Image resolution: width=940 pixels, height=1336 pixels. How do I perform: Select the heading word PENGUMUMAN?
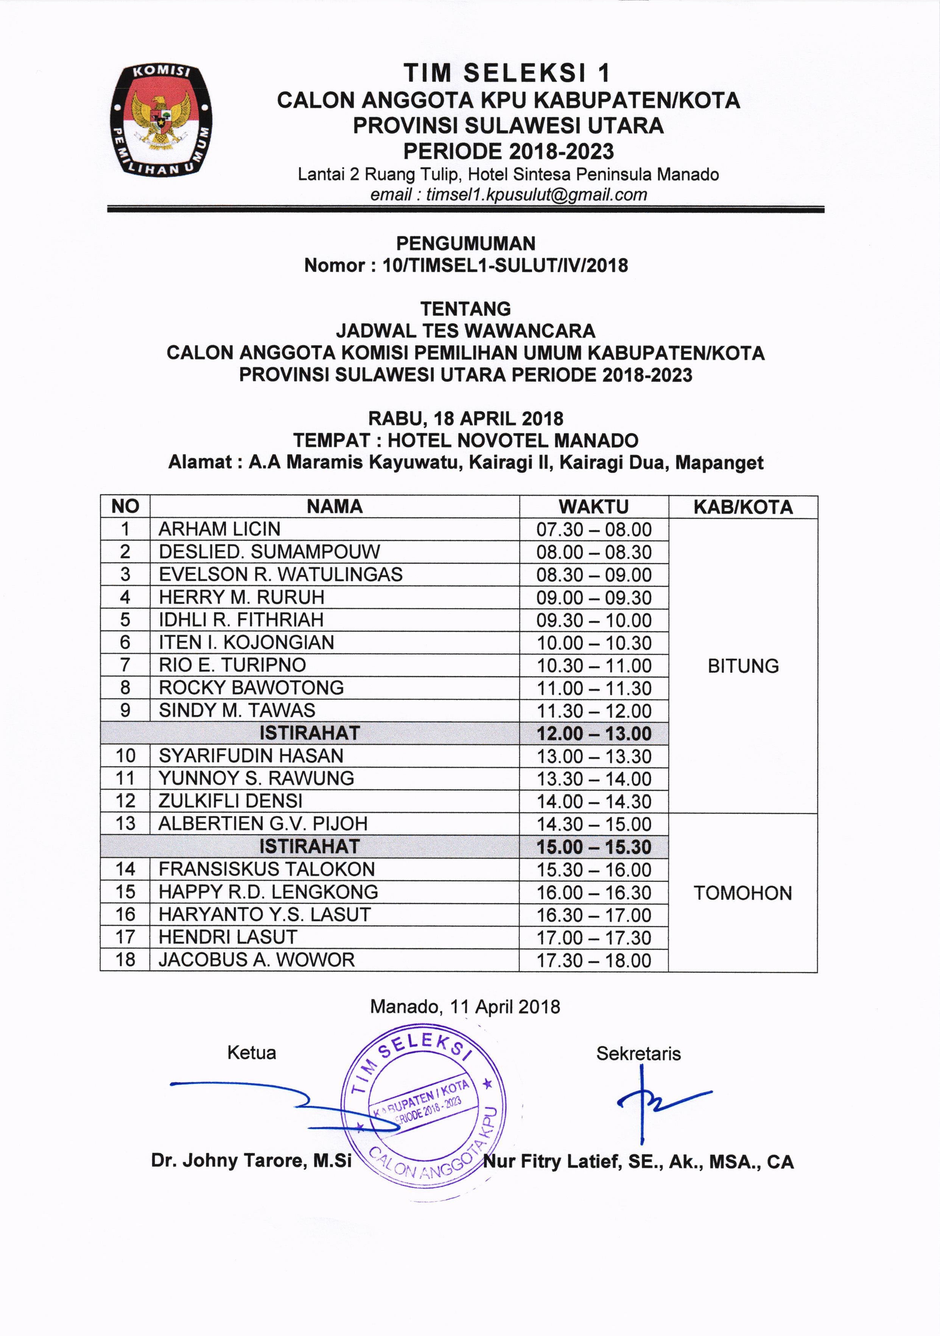465,243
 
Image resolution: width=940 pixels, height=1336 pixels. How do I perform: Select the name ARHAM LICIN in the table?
219,529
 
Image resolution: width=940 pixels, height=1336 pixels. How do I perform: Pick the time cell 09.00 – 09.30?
594,597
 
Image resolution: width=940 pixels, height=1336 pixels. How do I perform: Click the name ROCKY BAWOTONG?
251,688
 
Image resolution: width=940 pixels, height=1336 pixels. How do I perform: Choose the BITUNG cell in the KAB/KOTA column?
743,666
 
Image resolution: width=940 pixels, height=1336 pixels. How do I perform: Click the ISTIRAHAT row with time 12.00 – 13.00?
310,733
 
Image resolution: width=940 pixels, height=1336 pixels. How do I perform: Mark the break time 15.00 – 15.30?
594,847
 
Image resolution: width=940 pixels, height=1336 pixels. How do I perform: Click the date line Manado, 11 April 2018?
465,1007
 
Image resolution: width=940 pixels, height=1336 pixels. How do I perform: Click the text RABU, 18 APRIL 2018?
465,418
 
